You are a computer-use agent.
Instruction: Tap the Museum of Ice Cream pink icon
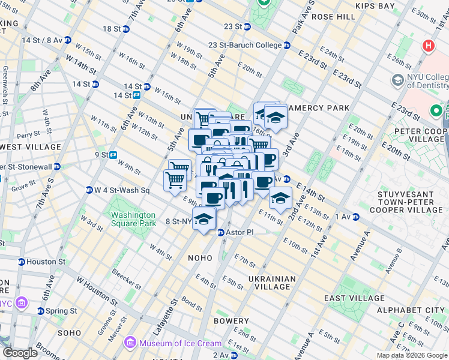(x=129, y=343)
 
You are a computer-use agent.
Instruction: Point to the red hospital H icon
(x=428, y=45)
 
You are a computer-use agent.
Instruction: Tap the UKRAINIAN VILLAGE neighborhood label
(x=272, y=283)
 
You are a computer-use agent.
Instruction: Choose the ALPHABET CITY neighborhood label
(x=411, y=310)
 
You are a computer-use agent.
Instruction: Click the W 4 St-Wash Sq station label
(x=122, y=190)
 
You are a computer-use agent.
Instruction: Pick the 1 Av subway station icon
(x=355, y=216)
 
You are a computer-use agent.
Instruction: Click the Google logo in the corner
(x=20, y=353)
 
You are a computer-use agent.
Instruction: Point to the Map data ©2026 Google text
(x=411, y=355)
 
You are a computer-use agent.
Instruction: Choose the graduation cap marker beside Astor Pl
(x=204, y=217)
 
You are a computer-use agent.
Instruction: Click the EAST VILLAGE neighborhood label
(x=354, y=298)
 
